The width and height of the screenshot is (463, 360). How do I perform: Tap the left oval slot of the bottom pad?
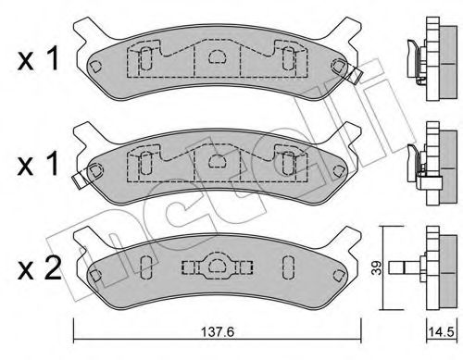coord(146,268)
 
